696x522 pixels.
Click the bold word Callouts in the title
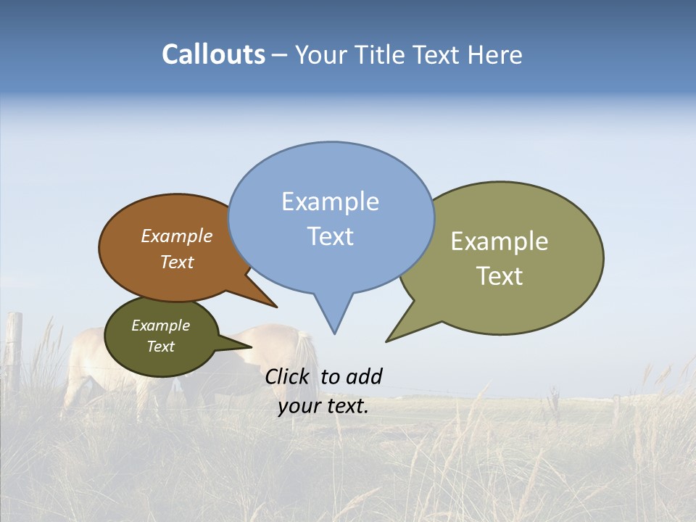[213, 54]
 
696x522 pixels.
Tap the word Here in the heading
[495, 55]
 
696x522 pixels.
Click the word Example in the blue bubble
[330, 202]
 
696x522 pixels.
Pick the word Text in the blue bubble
[330, 236]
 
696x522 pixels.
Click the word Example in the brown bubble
[177, 236]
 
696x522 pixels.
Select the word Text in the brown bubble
[177, 262]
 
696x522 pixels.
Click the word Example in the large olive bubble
[500, 241]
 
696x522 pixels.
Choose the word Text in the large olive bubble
[500, 276]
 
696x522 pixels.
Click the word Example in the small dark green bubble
[160, 326]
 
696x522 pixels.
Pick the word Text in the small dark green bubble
[160, 347]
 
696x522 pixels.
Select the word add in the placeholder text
[363, 376]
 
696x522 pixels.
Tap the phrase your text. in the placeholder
[323, 406]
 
